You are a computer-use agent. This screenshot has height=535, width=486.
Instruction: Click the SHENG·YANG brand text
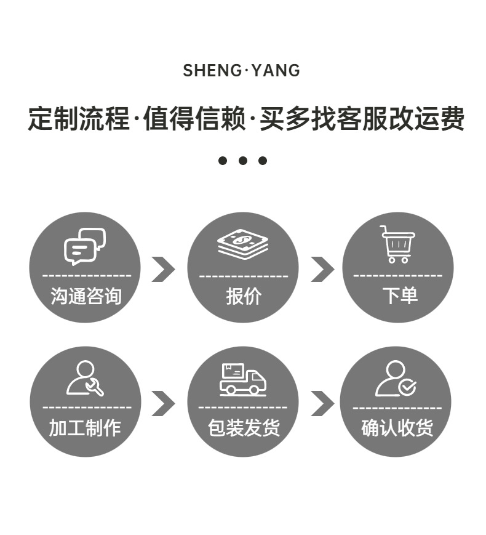pyautogui.click(x=242, y=70)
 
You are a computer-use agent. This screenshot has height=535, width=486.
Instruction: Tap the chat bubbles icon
pyautogui.click(x=85, y=246)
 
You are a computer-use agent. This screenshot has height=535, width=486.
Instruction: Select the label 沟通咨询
pyautogui.click(x=86, y=296)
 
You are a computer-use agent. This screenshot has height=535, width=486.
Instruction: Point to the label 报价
pyautogui.click(x=244, y=296)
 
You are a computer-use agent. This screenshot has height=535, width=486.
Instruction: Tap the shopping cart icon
pyautogui.click(x=397, y=244)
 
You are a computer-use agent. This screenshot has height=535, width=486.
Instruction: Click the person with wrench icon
pyautogui.click(x=85, y=379)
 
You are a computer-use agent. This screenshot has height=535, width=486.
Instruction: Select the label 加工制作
pyautogui.click(x=86, y=428)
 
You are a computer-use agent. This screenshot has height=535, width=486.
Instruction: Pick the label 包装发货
pyautogui.click(x=244, y=428)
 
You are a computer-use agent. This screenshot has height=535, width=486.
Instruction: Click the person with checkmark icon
pyautogui.click(x=396, y=379)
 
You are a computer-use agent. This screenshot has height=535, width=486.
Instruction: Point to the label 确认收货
pyautogui.click(x=397, y=428)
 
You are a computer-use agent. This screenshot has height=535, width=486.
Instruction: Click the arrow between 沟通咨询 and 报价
pyautogui.click(x=163, y=269)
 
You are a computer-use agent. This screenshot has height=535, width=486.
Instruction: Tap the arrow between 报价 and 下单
pyautogui.click(x=322, y=269)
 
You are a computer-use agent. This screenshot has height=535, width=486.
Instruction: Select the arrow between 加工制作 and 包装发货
pyautogui.click(x=163, y=403)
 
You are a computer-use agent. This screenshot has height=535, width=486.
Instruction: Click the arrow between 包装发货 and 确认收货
pyautogui.click(x=322, y=403)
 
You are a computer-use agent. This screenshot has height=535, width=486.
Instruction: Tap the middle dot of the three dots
pyautogui.click(x=243, y=161)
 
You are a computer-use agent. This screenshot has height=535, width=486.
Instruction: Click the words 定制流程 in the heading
pyautogui.click(x=78, y=118)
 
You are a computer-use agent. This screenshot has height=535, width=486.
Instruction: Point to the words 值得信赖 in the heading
pyautogui.click(x=194, y=118)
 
